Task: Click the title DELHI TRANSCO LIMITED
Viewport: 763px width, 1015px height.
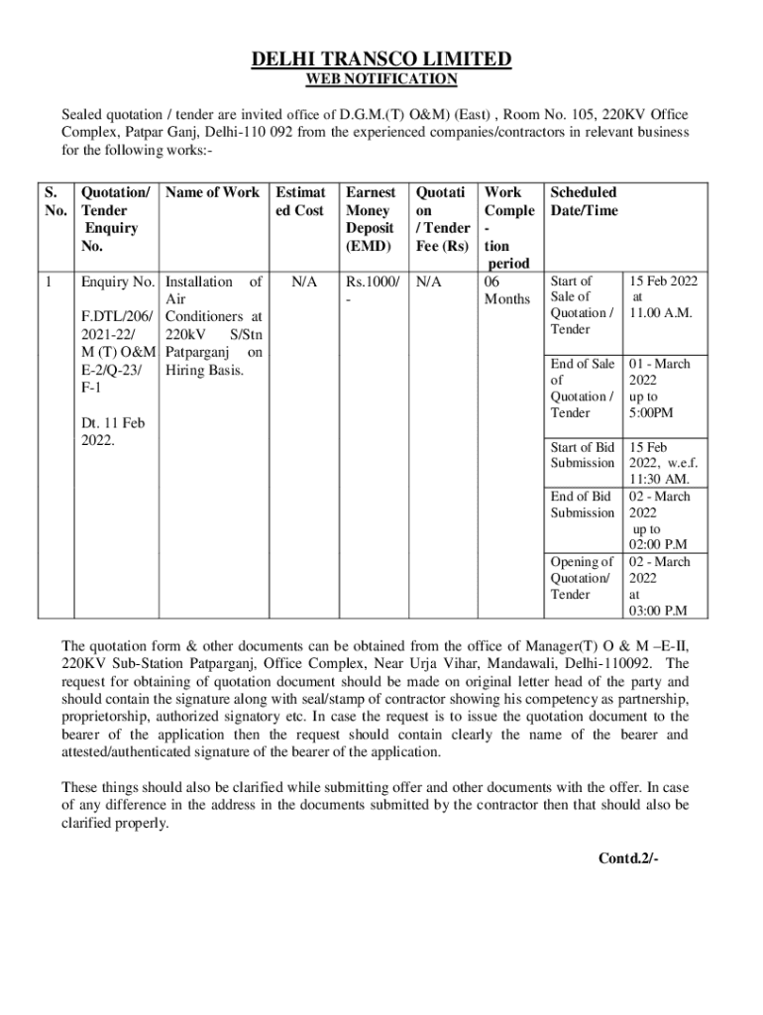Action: tap(381, 59)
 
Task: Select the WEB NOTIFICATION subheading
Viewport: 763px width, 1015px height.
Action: tap(381, 79)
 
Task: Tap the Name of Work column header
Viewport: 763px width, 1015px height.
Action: tap(213, 192)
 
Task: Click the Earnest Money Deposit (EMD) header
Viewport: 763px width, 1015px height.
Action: tap(371, 218)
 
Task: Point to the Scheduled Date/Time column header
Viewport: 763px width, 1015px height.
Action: tap(584, 201)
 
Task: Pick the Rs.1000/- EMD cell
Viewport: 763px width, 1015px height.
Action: tap(371, 289)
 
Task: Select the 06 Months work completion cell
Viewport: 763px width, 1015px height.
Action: tap(505, 289)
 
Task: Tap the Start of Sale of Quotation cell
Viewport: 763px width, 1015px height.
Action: tap(583, 304)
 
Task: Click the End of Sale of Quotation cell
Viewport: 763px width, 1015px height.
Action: tap(583, 388)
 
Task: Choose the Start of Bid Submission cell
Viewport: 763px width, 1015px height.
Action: tap(583, 455)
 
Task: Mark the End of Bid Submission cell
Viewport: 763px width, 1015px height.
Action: tap(583, 504)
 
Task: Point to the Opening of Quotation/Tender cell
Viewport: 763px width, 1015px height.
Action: tap(583, 578)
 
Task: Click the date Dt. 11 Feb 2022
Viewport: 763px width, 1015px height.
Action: tap(112, 430)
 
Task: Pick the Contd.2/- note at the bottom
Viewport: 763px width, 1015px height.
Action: tap(627, 858)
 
